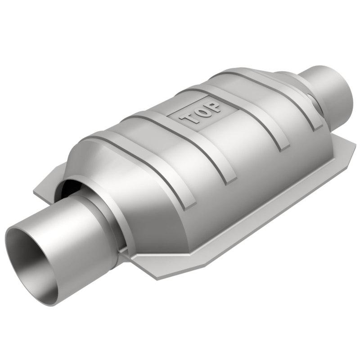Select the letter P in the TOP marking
tap(215, 107)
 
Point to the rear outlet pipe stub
tap(331, 90)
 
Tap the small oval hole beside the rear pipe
tap(315, 106)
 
